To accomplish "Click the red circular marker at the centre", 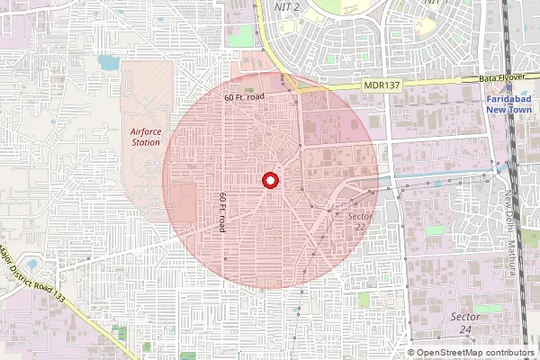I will coord(268,181).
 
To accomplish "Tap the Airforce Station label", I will coord(145,136).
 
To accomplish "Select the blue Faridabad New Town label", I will coord(510,103).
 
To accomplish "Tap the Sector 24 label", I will coord(464,323).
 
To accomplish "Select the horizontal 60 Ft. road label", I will coord(244,96).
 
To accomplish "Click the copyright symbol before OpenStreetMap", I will coord(411,353).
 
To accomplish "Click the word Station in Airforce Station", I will coord(145,141).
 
